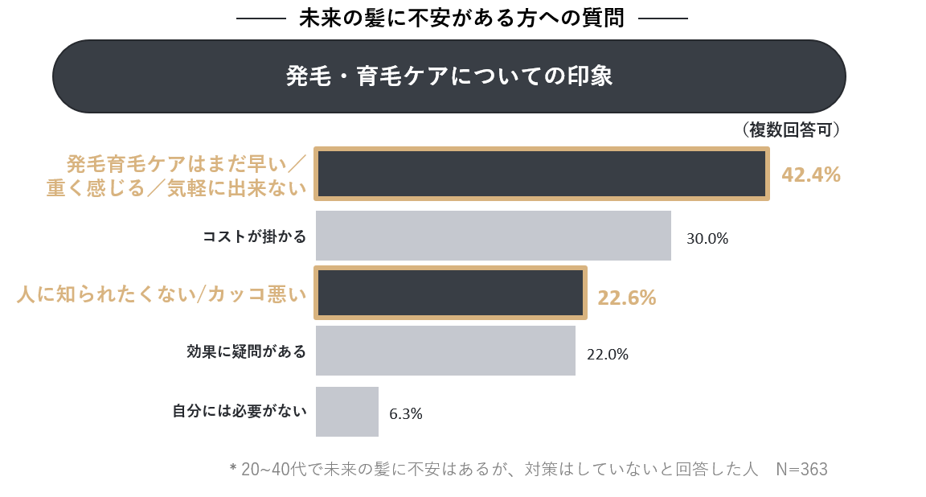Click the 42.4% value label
point(810,175)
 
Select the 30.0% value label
point(707,239)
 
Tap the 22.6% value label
point(626,298)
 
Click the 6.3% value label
point(405,414)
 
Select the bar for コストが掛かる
point(493,236)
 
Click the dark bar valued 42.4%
point(541,174)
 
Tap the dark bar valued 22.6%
point(450,292)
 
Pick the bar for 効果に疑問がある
point(445,351)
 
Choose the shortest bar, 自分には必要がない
point(346,412)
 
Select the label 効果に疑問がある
point(246,351)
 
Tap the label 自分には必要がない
point(240,412)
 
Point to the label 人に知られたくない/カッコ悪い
point(162,294)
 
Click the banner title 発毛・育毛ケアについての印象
point(449,76)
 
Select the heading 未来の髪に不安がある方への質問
point(461,18)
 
